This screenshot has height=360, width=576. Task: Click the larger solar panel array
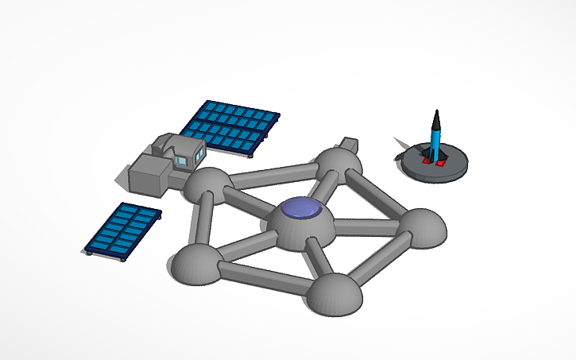[229, 126]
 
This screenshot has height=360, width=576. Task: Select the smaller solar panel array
[123, 229]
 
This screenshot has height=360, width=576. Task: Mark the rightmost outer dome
[420, 227]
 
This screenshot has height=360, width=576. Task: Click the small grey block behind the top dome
[347, 145]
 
